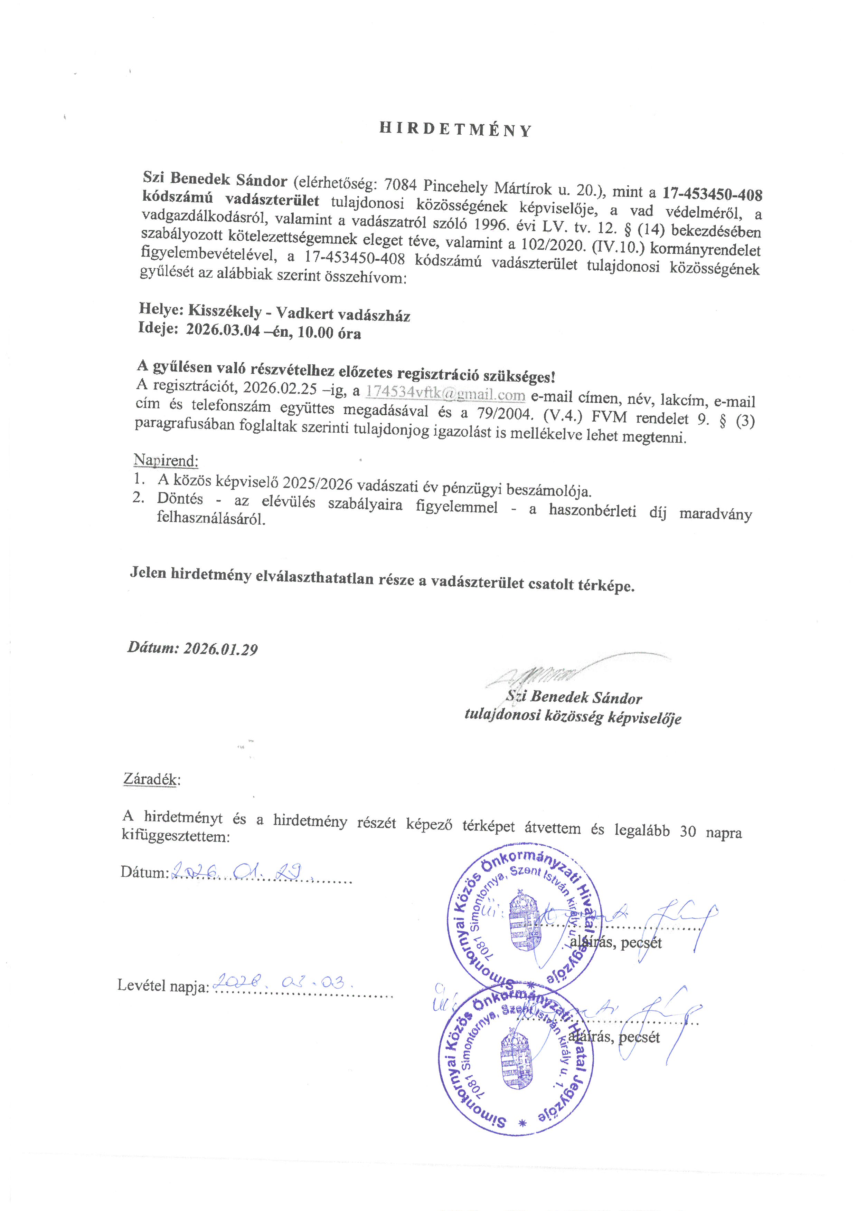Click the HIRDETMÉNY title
click(x=455, y=130)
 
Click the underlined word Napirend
click(x=166, y=460)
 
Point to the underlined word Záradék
click(x=151, y=779)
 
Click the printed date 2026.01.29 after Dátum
click(x=220, y=649)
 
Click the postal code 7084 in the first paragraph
click(x=401, y=185)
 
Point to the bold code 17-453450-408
click(x=713, y=194)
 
